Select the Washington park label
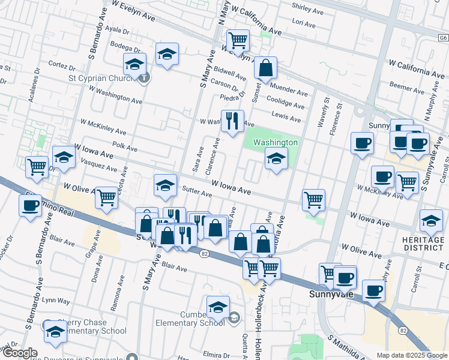(x=275, y=142)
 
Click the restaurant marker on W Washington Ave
(x=232, y=121)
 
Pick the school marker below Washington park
(x=276, y=159)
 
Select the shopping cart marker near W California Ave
(x=238, y=41)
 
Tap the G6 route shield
(x=443, y=38)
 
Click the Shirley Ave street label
(x=307, y=8)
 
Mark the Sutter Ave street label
(x=198, y=194)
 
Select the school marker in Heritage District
(x=431, y=221)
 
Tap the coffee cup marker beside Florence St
(x=361, y=143)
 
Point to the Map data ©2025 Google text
(x=411, y=355)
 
